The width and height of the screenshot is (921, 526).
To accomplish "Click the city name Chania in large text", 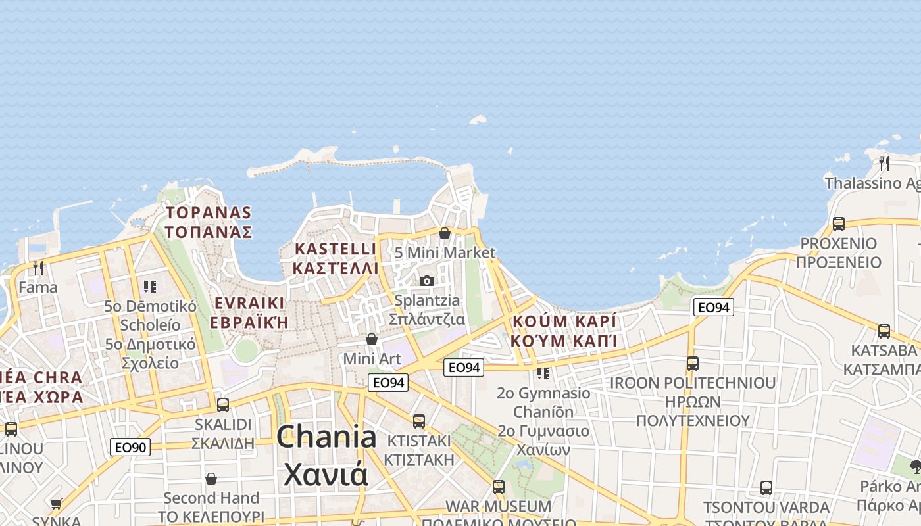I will point(326,438).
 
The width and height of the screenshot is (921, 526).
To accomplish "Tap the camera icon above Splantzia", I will point(427,281).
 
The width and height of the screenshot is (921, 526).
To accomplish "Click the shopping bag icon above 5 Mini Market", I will point(445,233).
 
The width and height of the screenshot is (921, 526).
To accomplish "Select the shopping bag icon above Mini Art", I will point(372,339).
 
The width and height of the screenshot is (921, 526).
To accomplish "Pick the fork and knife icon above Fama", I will point(38,268).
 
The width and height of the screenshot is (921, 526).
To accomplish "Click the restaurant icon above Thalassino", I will point(884,162).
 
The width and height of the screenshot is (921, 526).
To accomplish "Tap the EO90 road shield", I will point(130,448).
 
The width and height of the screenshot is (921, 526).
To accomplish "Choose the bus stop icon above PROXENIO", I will point(839,224).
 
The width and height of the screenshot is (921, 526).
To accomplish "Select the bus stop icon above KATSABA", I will point(884,331).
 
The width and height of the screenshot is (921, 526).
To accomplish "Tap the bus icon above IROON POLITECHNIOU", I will point(693,363).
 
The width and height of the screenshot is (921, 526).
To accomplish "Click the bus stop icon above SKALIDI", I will point(223,404).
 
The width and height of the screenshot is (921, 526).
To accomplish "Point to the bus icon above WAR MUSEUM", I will point(499,487).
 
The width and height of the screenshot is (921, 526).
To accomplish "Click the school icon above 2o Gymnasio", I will point(543,373).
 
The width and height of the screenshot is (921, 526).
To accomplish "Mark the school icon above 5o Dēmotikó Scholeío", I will point(150,286).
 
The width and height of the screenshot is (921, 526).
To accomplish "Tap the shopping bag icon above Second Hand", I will point(211,478).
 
